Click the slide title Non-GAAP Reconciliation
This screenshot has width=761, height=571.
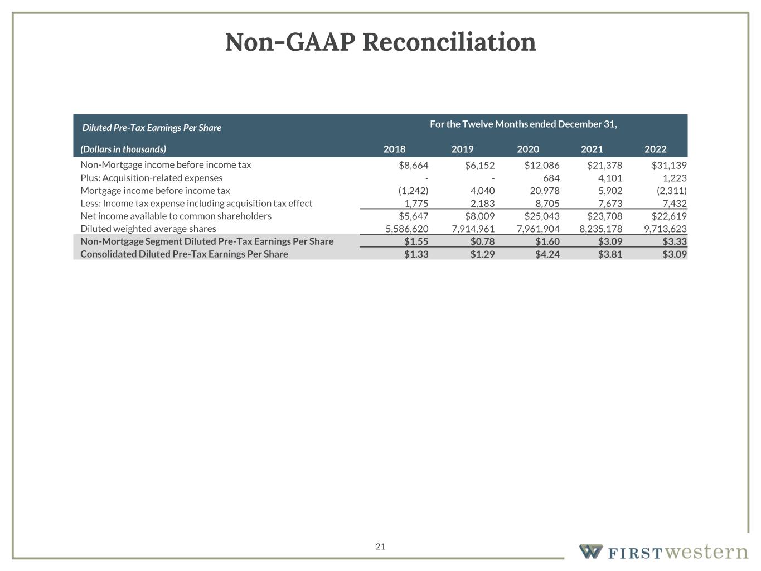380,42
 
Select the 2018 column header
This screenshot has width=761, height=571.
394,149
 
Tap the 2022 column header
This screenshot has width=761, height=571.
655,149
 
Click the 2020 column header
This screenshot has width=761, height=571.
528,149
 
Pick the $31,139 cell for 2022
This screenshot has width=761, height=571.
669,165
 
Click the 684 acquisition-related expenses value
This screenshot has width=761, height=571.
551,178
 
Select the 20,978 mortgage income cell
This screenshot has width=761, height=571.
545,191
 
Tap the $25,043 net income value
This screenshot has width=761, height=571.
542,216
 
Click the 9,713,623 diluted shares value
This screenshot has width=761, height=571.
665,229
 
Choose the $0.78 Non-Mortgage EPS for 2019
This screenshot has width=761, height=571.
482,241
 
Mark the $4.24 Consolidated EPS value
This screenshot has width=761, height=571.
547,254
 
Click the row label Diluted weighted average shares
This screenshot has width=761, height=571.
148,229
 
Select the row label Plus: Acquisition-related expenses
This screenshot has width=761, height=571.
152,178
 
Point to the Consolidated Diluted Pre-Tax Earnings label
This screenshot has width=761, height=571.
184,254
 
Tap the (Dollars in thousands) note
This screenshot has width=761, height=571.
123,149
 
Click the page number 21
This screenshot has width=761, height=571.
380,546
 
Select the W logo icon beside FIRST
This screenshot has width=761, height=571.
590,551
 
